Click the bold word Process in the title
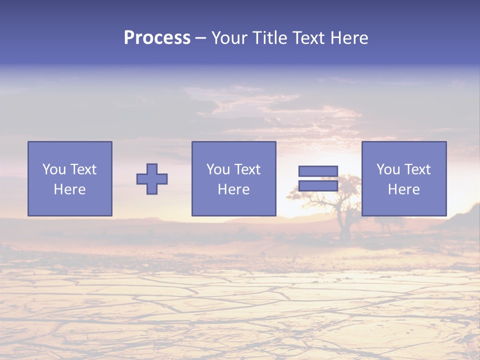(x=157, y=38)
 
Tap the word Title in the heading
(x=269, y=38)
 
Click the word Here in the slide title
(x=350, y=38)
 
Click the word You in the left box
(x=54, y=169)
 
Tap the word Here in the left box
(x=69, y=189)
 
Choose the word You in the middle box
(x=218, y=169)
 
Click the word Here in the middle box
(x=233, y=189)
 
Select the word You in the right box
(x=388, y=169)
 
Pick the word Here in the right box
(x=403, y=189)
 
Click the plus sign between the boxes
(x=152, y=179)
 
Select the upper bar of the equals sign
(x=318, y=171)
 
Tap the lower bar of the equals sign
(x=318, y=186)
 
